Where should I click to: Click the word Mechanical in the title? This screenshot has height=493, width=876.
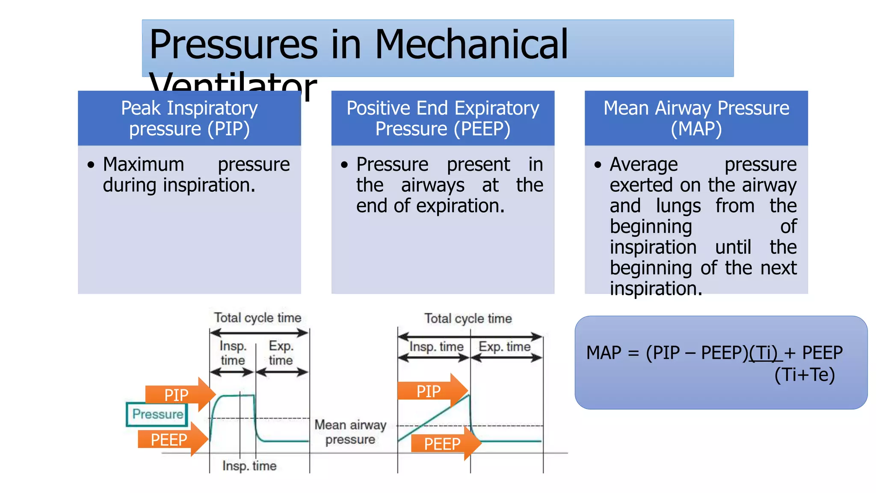click(471, 45)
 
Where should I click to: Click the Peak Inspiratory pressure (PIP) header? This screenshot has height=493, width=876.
click(189, 118)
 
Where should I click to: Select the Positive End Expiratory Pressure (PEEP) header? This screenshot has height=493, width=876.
click(443, 118)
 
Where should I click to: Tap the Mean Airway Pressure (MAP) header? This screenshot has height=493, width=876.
click(696, 118)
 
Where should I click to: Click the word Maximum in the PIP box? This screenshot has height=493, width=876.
click(144, 165)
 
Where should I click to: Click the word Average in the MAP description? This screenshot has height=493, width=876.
click(644, 165)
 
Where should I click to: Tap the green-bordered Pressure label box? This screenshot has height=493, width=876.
click(157, 414)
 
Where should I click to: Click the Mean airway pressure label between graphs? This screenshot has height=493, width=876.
click(350, 432)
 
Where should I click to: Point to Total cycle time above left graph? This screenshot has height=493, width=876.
click(257, 318)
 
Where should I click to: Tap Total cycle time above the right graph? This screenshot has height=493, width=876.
click(468, 319)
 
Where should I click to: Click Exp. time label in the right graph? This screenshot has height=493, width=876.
click(504, 347)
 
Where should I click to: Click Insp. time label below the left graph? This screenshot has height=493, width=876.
click(249, 466)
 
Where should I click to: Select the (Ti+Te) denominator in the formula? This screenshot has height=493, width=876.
click(804, 375)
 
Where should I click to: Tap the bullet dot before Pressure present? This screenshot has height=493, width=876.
click(344, 165)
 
